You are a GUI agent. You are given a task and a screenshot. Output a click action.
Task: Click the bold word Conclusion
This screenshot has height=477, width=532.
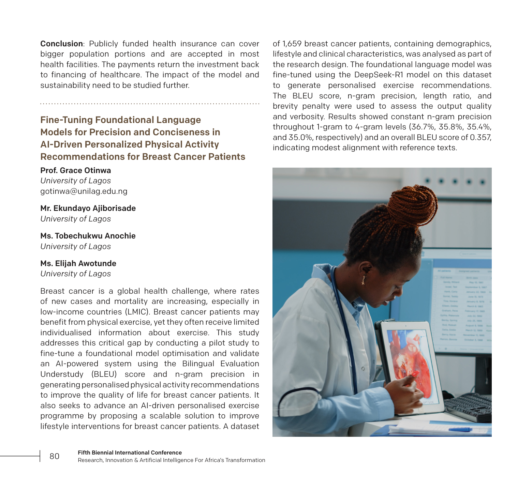click(61, 44)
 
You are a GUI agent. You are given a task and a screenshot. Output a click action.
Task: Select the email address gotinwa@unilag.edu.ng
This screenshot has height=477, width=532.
click(84, 191)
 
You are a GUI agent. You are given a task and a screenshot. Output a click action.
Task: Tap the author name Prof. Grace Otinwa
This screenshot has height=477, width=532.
click(75, 170)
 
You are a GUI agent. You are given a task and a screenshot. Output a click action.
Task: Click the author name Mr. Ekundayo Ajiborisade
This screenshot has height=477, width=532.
click(88, 208)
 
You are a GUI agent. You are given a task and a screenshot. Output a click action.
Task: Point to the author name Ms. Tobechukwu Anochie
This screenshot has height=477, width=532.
click(88, 236)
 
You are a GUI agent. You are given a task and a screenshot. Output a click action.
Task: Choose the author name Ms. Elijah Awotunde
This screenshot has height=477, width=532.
click(78, 263)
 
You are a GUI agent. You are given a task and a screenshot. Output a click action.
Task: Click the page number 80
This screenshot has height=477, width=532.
click(55, 456)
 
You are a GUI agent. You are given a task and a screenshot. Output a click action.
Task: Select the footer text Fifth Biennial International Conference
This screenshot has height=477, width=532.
click(130, 452)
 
